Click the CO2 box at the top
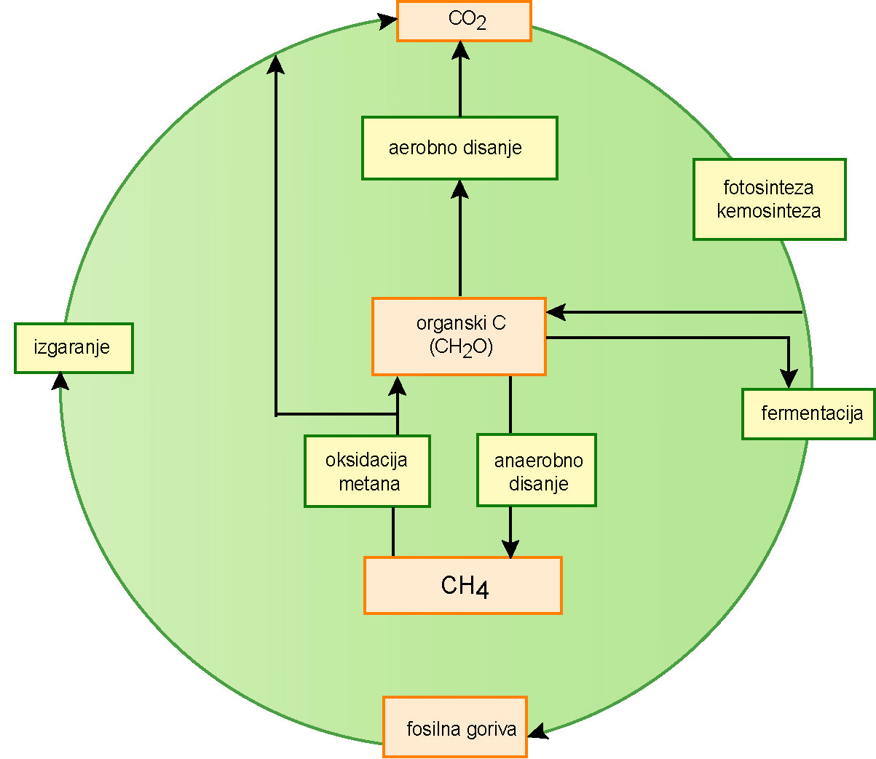click(464, 21)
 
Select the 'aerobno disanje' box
click(459, 148)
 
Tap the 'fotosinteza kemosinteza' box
click(769, 199)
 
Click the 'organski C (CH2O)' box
click(459, 336)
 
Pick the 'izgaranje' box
click(74, 348)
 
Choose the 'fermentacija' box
click(808, 414)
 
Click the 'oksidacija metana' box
click(367, 471)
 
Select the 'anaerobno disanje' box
click(537, 471)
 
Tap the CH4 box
click(463, 585)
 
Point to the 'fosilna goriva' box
click(455, 727)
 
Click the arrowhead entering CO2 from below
click(460, 50)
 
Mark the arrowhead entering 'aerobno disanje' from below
click(459, 189)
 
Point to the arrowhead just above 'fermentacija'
click(789, 378)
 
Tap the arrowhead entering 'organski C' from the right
click(556, 312)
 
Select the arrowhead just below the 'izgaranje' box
click(61, 381)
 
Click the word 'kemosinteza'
click(769, 211)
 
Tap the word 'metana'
click(369, 483)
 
